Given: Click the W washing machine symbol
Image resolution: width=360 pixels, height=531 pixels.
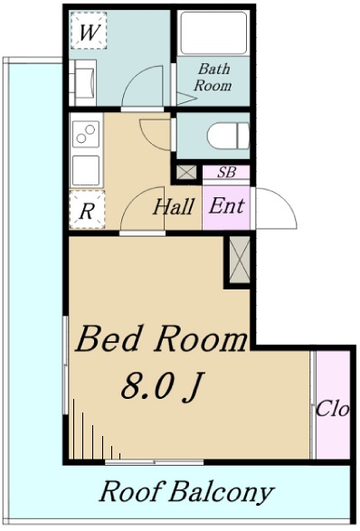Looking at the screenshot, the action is tap(89, 31).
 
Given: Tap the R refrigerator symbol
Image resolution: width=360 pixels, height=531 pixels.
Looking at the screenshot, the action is tap(87, 210).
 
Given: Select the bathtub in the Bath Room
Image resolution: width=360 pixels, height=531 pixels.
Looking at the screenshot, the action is tap(213, 33).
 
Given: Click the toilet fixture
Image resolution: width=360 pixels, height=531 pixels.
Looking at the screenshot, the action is tap(228, 136).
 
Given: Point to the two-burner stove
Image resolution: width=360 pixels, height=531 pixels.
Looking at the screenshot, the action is tap(86, 133).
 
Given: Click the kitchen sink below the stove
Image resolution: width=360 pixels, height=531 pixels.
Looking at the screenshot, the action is tap(86, 170).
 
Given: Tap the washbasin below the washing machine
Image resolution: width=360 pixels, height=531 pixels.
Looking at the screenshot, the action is tap(83, 82).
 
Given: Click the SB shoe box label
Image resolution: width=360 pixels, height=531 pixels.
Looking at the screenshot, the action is tap(226, 173).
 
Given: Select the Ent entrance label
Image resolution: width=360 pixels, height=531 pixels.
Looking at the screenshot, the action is tap(226, 205).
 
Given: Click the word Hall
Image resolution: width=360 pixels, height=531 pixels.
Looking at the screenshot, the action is tap(174, 206).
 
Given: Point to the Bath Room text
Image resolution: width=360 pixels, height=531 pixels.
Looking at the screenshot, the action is tap(213, 77).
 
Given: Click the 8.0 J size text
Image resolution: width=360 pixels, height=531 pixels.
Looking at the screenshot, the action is tap(163, 386).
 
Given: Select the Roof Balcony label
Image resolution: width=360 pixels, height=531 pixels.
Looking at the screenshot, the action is tap(186, 491).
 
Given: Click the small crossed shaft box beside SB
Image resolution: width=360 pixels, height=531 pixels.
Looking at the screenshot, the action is tap(186, 173).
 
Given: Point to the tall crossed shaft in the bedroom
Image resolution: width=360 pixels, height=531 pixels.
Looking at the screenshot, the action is tap(240, 260).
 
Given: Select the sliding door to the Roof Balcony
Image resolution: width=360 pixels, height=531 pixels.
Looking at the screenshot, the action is tap(155, 462).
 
